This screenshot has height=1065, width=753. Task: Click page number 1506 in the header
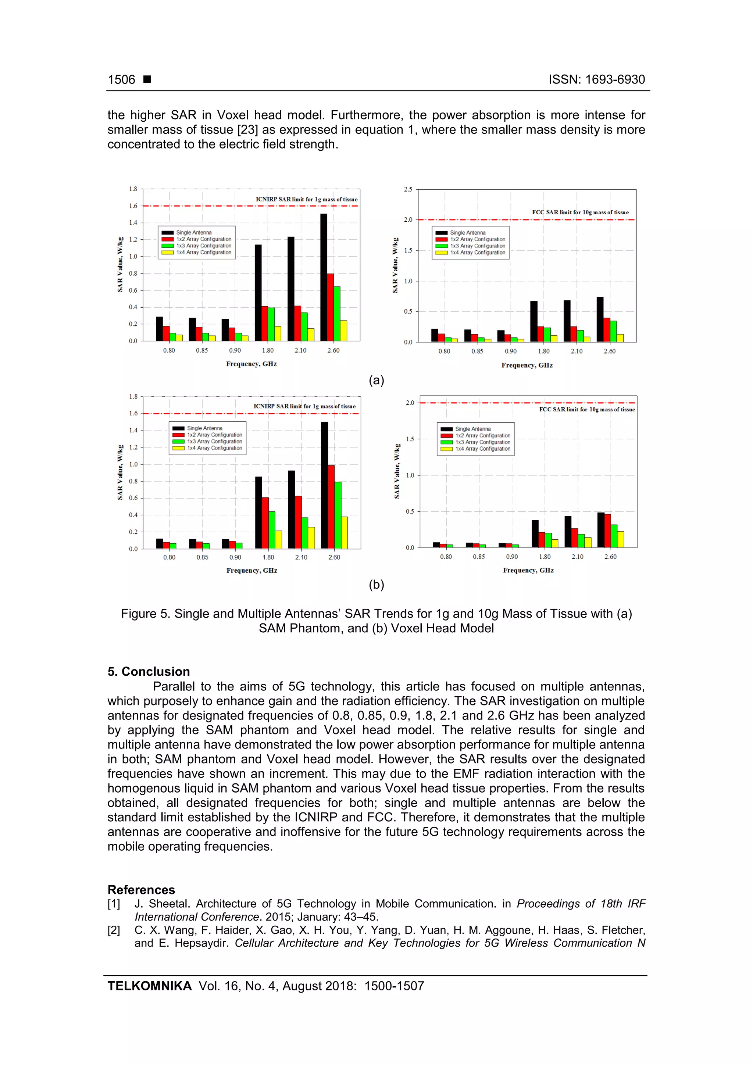coord(122,80)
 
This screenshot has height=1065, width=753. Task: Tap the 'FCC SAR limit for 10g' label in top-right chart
coord(580,212)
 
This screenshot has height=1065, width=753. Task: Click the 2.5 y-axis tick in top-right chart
coord(408,189)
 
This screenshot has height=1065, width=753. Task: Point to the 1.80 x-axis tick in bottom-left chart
coord(268,557)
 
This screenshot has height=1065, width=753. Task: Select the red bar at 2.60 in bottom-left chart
coord(331,507)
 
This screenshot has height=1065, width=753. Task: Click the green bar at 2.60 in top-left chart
coord(337,314)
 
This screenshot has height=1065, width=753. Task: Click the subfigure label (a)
coord(376,380)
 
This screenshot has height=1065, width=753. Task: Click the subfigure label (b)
coord(376,585)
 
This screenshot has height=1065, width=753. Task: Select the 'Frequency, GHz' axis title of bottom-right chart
coord(528,570)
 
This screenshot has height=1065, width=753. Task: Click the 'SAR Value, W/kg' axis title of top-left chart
coord(120,264)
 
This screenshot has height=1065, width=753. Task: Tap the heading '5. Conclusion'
coord(149,672)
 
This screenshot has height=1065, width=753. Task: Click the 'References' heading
coord(141,890)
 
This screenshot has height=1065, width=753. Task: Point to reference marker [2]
coord(114,930)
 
